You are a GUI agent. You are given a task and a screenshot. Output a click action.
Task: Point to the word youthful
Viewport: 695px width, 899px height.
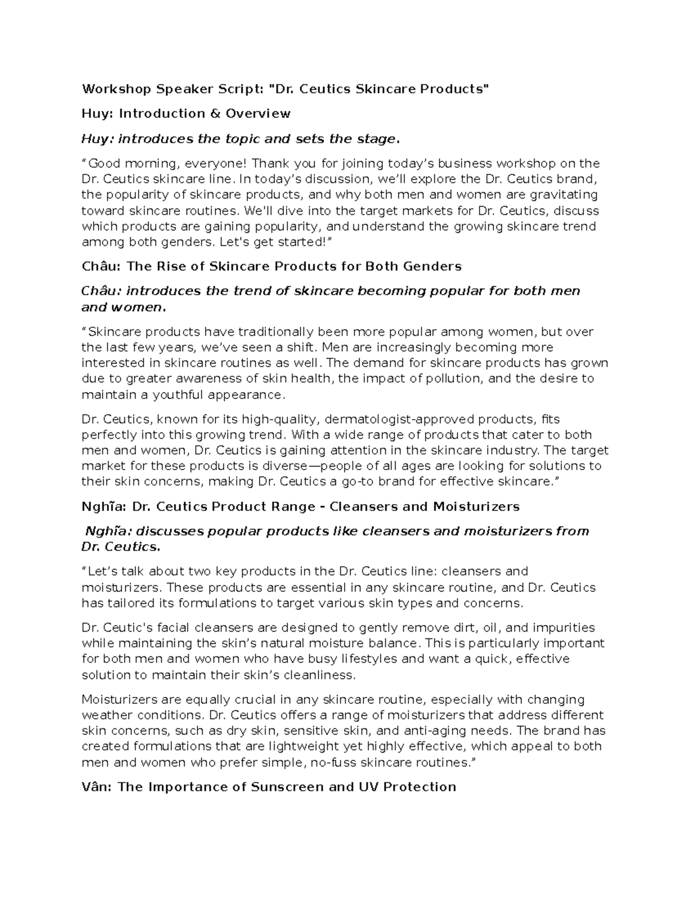point(176,395)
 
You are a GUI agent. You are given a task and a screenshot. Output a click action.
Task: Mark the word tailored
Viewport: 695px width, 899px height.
point(130,603)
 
